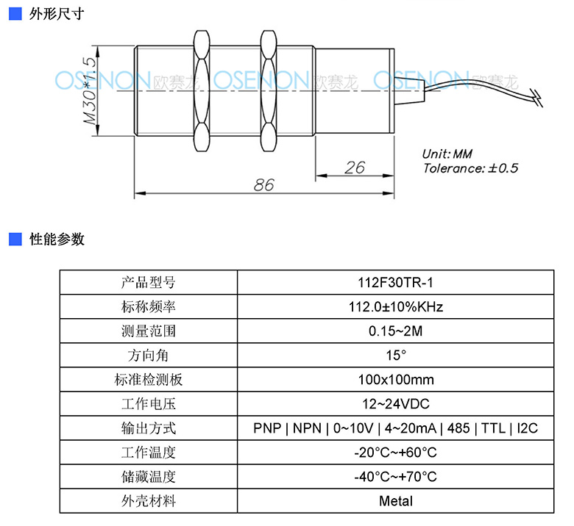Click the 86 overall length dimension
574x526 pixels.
coord(264,185)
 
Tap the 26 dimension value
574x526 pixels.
coord(355,167)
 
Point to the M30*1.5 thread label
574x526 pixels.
coord(90,90)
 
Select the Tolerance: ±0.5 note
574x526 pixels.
coord(470,168)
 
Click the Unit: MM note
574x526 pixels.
coord(447,154)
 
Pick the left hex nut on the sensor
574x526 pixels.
coord(202,90)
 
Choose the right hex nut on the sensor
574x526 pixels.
coord(269,90)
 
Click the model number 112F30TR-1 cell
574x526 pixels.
coord(395,283)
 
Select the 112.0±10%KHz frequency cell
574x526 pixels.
coord(395,306)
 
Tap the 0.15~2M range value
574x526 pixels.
coord(395,331)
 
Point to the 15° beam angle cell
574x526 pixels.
coord(395,356)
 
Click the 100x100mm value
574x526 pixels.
coord(396,380)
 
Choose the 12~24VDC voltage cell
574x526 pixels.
coord(395,404)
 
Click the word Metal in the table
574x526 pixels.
coord(396,501)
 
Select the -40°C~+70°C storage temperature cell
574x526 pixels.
coord(395,477)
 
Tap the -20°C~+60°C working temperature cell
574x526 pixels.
coord(395,453)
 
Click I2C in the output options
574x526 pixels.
coord(527,428)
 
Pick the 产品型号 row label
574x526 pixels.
coord(148,283)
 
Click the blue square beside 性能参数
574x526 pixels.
coord(15,239)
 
